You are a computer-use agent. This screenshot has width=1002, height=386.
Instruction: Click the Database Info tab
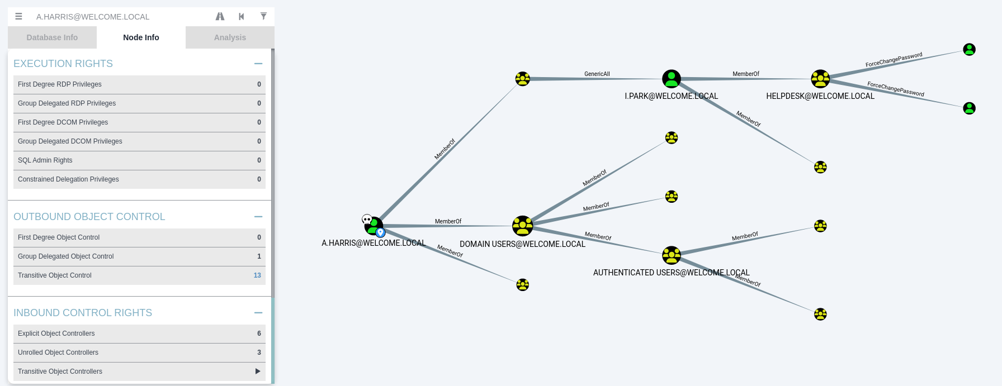(x=52, y=37)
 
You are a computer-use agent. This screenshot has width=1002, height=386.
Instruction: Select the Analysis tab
(x=230, y=37)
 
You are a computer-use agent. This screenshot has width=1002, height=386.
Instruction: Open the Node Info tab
(x=141, y=37)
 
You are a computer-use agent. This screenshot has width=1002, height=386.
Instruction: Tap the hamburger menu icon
(x=18, y=16)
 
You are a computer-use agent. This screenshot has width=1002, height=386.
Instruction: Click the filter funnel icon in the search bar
(x=263, y=16)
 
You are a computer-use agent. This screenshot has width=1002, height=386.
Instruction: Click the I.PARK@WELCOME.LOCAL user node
(x=671, y=79)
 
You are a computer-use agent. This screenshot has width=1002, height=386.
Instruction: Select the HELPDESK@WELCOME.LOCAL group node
(x=820, y=79)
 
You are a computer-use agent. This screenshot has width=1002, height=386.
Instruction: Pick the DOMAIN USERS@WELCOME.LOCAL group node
(x=522, y=226)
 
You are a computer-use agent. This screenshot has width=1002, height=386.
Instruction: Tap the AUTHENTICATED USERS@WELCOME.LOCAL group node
(x=671, y=255)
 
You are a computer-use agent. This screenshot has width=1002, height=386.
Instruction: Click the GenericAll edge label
(x=597, y=74)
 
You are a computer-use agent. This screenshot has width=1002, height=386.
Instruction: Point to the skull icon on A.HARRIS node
(x=367, y=219)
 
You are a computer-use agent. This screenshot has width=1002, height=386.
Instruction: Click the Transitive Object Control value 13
(x=257, y=275)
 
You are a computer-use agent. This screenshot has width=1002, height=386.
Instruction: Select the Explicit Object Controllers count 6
(x=259, y=333)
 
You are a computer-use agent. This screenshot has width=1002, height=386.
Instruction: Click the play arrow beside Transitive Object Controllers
(x=258, y=371)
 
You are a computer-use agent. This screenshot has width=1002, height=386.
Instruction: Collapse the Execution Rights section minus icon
(x=258, y=64)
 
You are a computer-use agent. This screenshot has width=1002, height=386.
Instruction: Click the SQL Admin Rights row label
(x=45, y=160)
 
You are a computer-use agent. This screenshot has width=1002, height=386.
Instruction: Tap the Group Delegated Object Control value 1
(x=259, y=256)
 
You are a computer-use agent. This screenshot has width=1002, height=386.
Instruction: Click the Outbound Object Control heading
(x=89, y=217)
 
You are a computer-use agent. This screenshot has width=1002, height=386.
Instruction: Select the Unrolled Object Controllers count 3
(x=259, y=352)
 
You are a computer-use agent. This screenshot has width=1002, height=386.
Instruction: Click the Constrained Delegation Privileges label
(x=68, y=179)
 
